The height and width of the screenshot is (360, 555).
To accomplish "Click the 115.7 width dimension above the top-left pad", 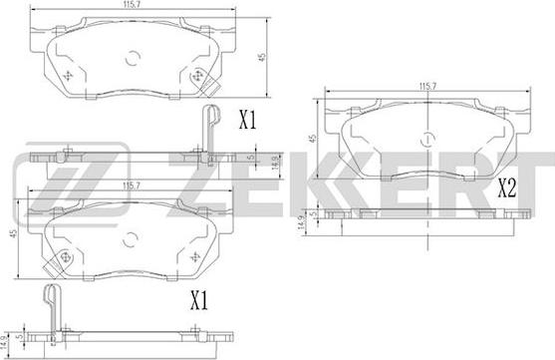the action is point(131,4).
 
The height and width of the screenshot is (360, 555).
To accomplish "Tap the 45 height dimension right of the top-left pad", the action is point(262,57).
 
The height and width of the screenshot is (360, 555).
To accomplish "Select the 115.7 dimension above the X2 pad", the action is point(427,86).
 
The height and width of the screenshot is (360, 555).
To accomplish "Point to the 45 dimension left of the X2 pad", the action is point(313,139).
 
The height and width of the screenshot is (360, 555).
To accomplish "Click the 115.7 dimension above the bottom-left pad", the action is point(132,185).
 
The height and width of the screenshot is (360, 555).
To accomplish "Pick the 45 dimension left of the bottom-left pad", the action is point(13,233).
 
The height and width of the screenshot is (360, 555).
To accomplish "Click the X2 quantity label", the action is point(507,187).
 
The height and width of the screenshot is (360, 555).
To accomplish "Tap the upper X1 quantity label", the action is point(248,120).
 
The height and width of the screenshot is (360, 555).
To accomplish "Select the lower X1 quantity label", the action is point(199,300).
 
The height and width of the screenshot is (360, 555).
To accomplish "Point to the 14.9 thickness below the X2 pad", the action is point(301,222).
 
